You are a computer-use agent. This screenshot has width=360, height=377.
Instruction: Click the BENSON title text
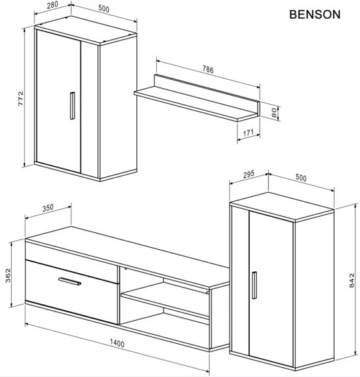[314, 14]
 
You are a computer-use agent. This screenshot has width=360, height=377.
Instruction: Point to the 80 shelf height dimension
[275, 112]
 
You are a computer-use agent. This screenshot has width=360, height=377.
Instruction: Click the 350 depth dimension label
[48, 208]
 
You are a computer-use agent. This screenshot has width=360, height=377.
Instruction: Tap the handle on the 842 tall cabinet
[254, 286]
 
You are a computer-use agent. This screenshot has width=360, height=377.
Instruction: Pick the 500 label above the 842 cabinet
[300, 177]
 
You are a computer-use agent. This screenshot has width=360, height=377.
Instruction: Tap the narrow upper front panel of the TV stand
[71, 252]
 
